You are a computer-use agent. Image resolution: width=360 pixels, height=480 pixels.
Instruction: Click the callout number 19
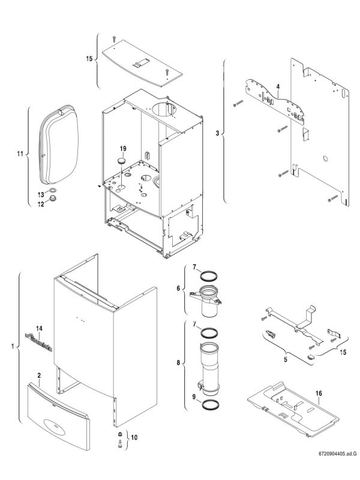coord(122,148)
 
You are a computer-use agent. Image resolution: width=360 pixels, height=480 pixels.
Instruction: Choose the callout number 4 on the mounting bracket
coord(278,87)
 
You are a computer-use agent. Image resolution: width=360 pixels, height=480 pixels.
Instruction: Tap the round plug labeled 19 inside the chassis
coord(121,161)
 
